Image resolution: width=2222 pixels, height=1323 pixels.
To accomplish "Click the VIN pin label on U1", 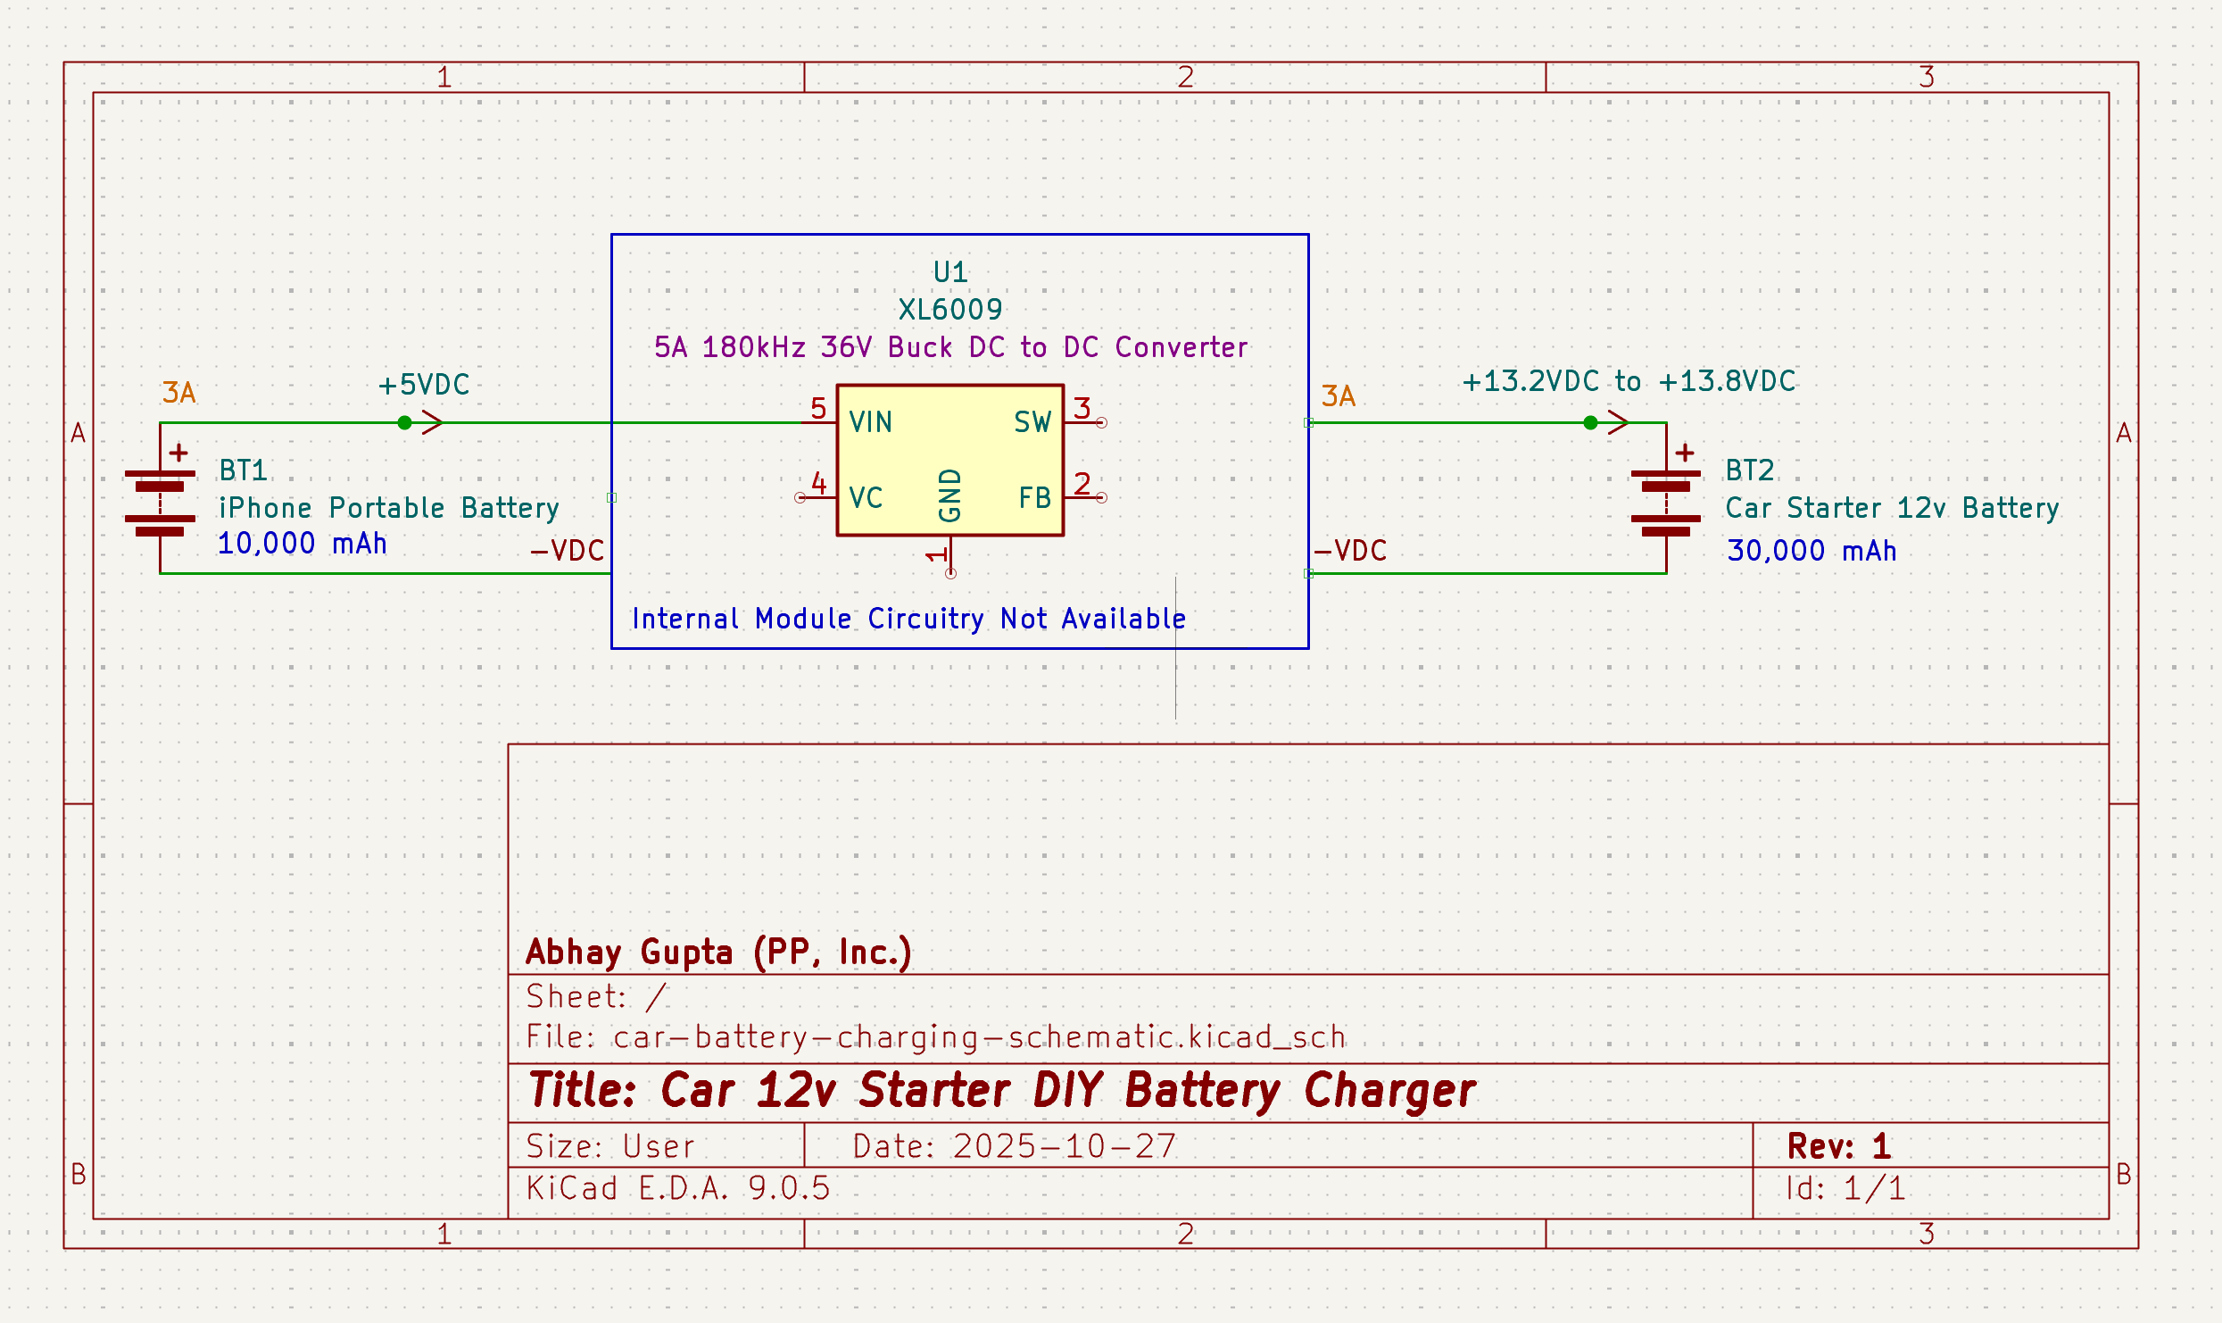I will coord(870,422).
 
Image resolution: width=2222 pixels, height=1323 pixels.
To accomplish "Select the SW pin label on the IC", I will coord(1032,422).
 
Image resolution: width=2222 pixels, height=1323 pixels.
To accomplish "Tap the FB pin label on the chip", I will coord(1034,498).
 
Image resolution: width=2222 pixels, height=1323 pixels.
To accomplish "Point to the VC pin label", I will coord(866,498).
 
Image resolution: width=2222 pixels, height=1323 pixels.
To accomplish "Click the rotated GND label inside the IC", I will coord(950,495).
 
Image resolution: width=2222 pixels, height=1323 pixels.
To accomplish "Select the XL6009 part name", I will coord(950,310).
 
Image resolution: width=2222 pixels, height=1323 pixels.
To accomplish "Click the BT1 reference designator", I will coord(243,470).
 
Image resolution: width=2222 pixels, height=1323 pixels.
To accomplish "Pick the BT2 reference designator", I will coord(1749,470).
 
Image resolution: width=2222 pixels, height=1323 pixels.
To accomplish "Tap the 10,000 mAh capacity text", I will coord(302,544).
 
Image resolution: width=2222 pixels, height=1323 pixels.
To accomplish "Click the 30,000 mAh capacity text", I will coord(1812,551).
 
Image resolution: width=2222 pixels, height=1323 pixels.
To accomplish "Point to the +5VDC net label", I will coord(424,385).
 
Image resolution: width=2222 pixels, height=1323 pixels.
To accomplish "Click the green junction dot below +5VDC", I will coord(405,423).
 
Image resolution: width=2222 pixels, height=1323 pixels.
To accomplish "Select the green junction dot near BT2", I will coord(1590,423).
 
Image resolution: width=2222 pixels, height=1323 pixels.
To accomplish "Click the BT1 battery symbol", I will coord(160,503).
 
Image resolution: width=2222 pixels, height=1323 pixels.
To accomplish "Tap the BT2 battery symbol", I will coord(1666,503).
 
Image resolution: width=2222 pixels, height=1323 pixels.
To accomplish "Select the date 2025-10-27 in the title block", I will coord(1064,1146).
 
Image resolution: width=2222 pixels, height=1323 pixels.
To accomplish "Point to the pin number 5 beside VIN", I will coord(818,409).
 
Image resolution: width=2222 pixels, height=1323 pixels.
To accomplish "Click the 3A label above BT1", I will coord(178,393).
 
